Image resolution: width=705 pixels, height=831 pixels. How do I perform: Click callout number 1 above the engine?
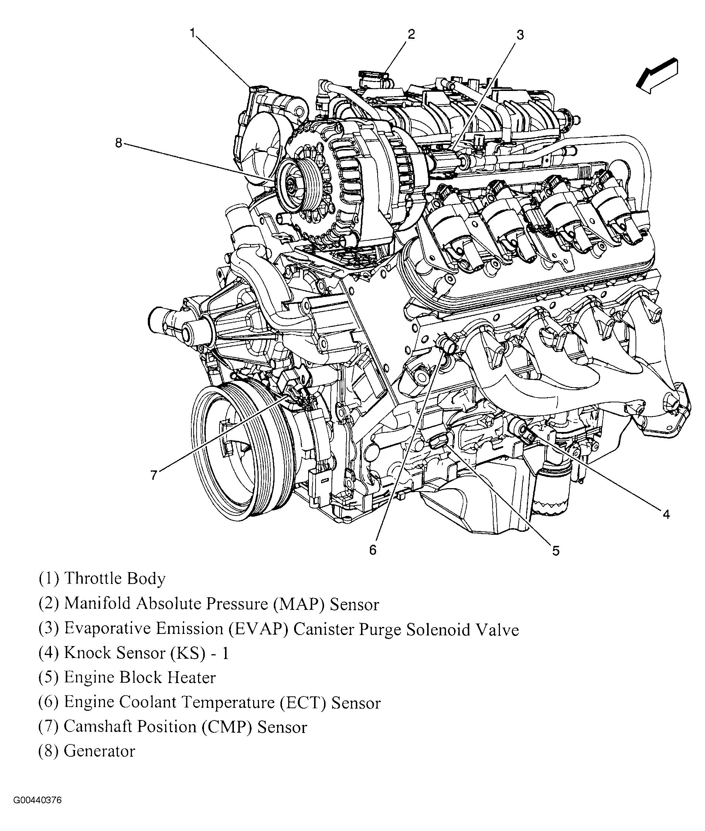pos(193,33)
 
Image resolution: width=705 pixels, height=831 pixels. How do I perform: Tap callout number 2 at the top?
pos(411,34)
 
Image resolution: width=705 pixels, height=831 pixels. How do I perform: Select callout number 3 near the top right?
pos(520,35)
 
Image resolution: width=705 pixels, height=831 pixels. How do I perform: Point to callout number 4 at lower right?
pos(666,514)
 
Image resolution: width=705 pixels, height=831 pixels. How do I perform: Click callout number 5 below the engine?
pos(556,551)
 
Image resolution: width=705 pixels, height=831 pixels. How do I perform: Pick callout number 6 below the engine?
pos(372,550)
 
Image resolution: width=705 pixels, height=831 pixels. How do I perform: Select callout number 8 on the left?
pos(119,143)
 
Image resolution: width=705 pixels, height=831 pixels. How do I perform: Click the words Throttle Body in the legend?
pos(115,579)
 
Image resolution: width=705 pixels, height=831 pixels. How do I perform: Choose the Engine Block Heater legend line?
pos(127,678)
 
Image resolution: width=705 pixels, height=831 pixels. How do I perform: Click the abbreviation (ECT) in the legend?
pos(303,703)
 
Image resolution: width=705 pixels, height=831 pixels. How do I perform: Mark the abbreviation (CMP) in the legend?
pos(227,727)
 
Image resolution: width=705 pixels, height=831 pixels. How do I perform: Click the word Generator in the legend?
pos(99,751)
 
